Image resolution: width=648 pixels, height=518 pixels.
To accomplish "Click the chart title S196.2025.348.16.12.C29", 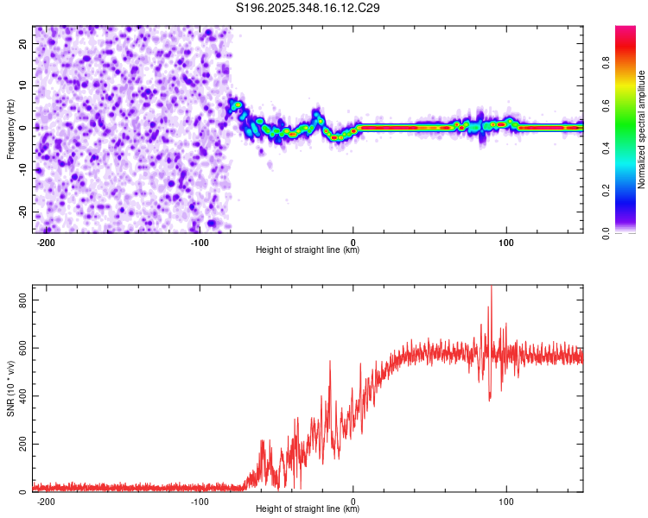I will (x=308, y=8).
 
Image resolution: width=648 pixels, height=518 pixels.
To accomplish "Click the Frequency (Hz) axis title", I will (x=10, y=129).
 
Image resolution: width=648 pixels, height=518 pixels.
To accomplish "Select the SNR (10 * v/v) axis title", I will (x=10, y=388).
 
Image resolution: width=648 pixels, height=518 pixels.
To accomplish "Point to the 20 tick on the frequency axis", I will (x=23, y=43).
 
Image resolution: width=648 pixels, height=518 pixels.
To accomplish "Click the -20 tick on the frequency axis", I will (x=22, y=212).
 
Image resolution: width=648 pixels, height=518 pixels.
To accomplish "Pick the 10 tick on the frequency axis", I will (x=23, y=85).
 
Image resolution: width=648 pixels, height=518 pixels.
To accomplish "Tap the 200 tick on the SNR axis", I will (x=20, y=444).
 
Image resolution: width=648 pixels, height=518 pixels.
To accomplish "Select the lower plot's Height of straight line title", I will (x=308, y=509).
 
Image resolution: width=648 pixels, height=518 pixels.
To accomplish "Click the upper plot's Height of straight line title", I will (x=308, y=250).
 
